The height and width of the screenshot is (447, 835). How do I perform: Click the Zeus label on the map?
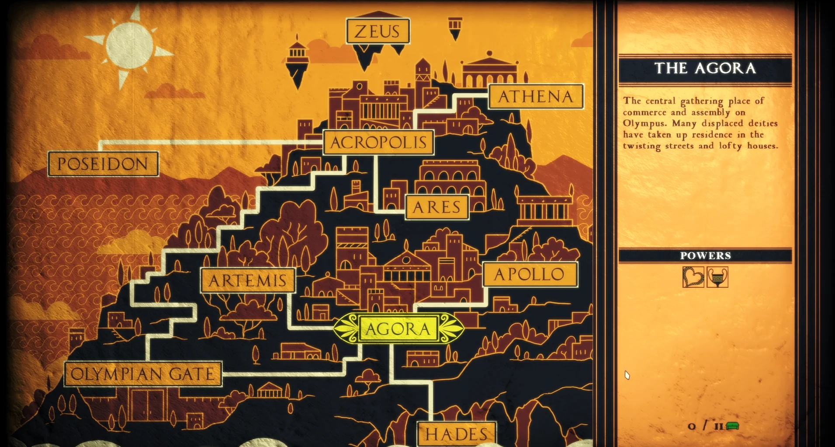pos(378,31)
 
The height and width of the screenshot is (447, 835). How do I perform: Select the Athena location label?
pos(536,96)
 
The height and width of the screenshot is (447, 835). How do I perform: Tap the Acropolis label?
pos(378,142)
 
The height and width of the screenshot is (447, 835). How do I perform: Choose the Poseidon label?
pos(103,164)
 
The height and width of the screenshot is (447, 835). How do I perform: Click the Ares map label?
pos(437,207)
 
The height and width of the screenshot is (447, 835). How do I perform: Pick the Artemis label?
pos(248,280)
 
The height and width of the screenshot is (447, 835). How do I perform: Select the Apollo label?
pos(530,274)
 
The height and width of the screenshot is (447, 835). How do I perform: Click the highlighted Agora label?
pos(398,329)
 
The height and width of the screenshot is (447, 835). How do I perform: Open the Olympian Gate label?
pos(143,374)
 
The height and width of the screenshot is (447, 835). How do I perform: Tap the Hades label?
pos(457,434)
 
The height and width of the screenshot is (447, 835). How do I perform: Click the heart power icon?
pos(693,277)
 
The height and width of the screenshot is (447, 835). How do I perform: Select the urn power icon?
pos(717,277)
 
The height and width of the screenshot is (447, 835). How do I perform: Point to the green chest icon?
pos(732,426)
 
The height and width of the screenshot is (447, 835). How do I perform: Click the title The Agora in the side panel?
pos(705,68)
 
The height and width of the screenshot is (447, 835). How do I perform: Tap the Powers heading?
pos(705,255)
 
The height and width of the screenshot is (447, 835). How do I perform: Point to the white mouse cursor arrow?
pos(627,375)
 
